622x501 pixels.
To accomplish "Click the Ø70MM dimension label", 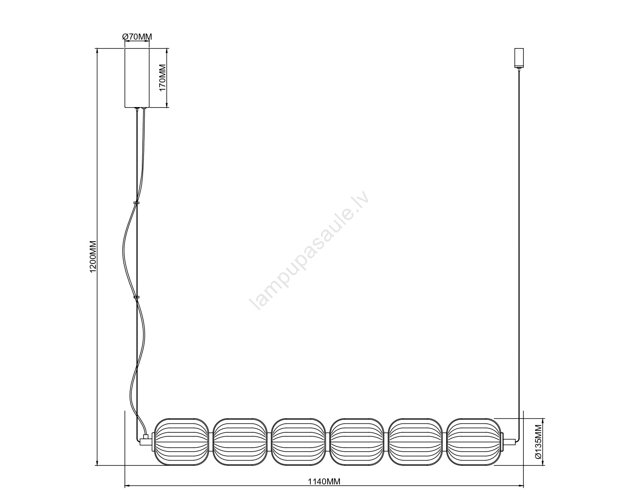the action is click(137, 37).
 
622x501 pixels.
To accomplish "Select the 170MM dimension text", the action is click(163, 78).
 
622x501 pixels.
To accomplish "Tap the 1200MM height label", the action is click(93, 257).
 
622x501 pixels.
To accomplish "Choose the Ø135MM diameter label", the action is click(538, 446).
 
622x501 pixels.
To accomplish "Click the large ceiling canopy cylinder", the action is click(137, 78).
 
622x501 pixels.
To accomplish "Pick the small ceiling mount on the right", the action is click(519, 58).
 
